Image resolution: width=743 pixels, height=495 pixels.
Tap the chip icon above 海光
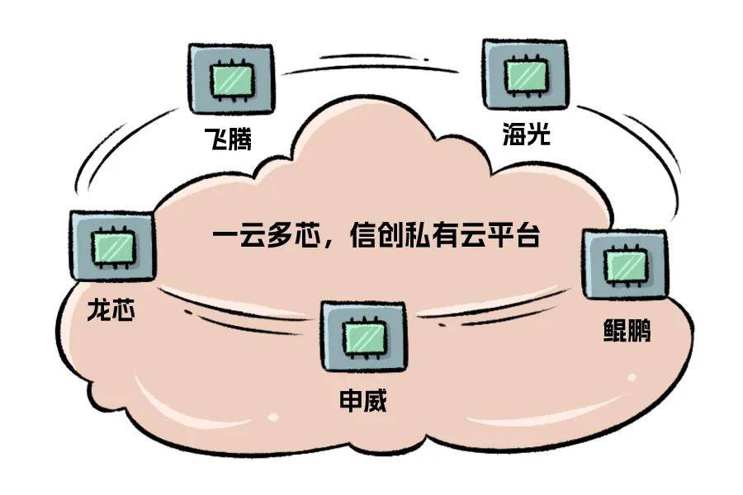point(524,74)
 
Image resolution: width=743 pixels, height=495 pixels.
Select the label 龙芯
point(111,310)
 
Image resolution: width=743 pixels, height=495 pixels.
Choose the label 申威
point(363,401)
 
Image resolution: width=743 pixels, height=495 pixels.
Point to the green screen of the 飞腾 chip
point(232,79)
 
